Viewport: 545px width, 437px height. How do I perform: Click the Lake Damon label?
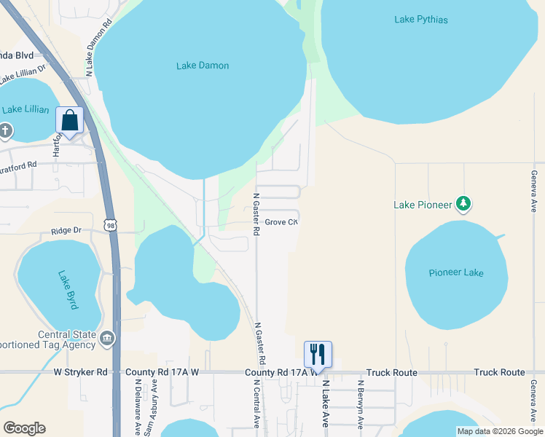click(203, 66)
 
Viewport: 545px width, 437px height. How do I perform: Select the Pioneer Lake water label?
click(456, 272)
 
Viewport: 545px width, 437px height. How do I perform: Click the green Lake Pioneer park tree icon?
click(463, 204)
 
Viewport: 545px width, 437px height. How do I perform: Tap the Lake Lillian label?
click(26, 110)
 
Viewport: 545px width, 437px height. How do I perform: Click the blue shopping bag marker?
click(70, 121)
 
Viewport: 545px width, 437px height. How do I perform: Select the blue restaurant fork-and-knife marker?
click(318, 355)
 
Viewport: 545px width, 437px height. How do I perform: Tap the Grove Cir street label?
click(282, 222)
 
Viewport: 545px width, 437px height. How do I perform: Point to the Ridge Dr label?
click(65, 231)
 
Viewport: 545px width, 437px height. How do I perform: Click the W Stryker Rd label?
click(80, 372)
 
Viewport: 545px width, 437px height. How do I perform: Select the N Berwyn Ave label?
click(359, 405)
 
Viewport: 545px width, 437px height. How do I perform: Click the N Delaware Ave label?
click(136, 405)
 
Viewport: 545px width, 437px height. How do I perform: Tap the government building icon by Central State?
click(106, 337)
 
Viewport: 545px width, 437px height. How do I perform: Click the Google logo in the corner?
click(24, 428)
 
